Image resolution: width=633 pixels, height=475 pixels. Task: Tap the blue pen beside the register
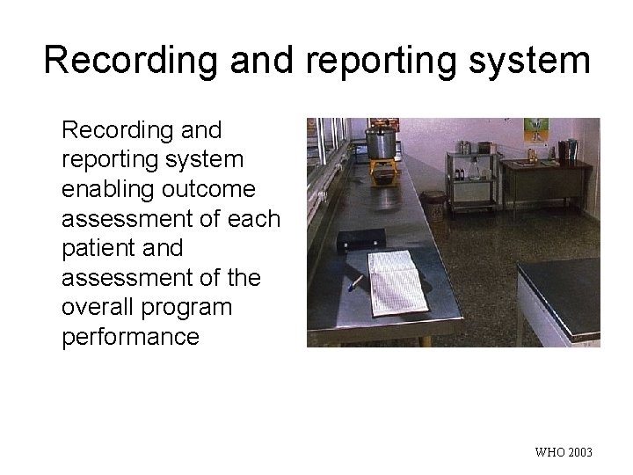click(354, 282)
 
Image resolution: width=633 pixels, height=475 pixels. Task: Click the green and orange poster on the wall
click(535, 129)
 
